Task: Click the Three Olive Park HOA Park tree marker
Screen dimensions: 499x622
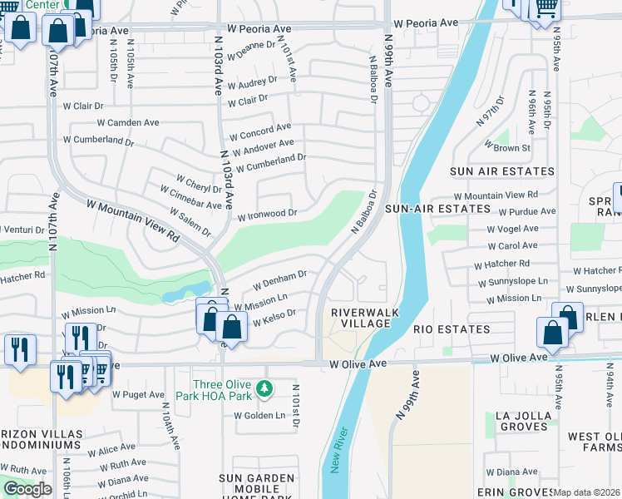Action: [x=264, y=388]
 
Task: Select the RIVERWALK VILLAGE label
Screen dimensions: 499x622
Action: [x=360, y=318]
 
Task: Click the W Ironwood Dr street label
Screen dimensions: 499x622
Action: [x=267, y=215]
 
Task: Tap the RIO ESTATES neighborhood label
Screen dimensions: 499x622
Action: [x=452, y=329]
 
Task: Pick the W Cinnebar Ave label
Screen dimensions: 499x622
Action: [x=191, y=199]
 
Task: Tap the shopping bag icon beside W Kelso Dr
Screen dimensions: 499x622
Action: [x=233, y=328]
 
